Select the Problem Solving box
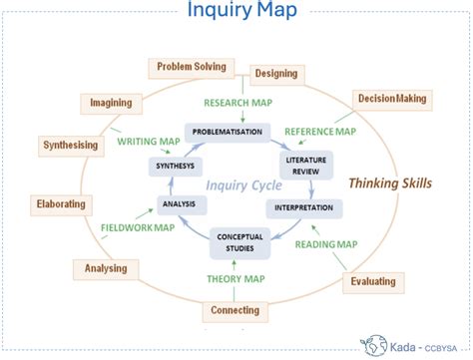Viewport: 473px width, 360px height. click(x=191, y=67)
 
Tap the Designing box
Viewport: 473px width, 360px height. click(x=276, y=73)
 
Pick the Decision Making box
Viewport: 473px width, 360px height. click(x=393, y=100)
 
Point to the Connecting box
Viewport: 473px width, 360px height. click(x=236, y=311)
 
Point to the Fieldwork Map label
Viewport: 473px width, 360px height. click(x=138, y=227)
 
